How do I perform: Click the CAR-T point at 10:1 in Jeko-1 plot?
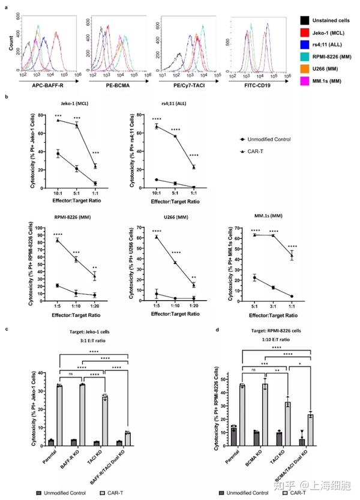(41, 120)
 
